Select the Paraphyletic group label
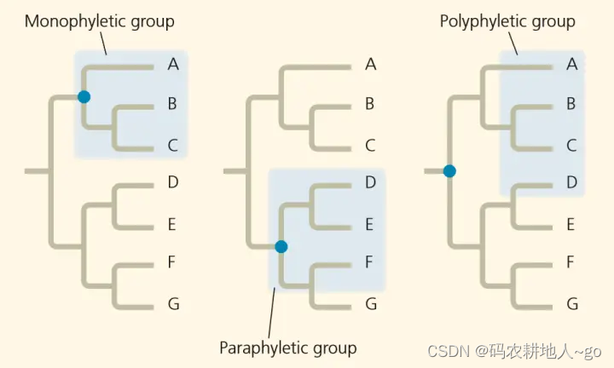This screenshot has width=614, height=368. (287, 348)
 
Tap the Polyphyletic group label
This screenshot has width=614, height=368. (507, 21)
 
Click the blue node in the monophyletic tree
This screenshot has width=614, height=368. (84, 97)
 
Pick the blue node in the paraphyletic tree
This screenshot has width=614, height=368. (281, 247)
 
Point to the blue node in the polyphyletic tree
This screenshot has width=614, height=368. (449, 171)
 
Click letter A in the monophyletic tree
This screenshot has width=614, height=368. (173, 62)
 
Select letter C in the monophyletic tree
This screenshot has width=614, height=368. (173, 146)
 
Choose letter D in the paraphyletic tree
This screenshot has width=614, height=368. (370, 181)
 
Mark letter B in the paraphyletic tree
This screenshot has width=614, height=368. (370, 104)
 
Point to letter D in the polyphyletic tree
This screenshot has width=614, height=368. (572, 181)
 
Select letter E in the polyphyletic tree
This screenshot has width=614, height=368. (572, 225)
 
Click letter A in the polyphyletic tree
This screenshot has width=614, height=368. (572, 62)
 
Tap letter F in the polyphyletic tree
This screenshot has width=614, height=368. (572, 262)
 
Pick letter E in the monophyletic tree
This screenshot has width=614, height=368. (173, 225)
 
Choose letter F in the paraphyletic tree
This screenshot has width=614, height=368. (370, 262)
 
